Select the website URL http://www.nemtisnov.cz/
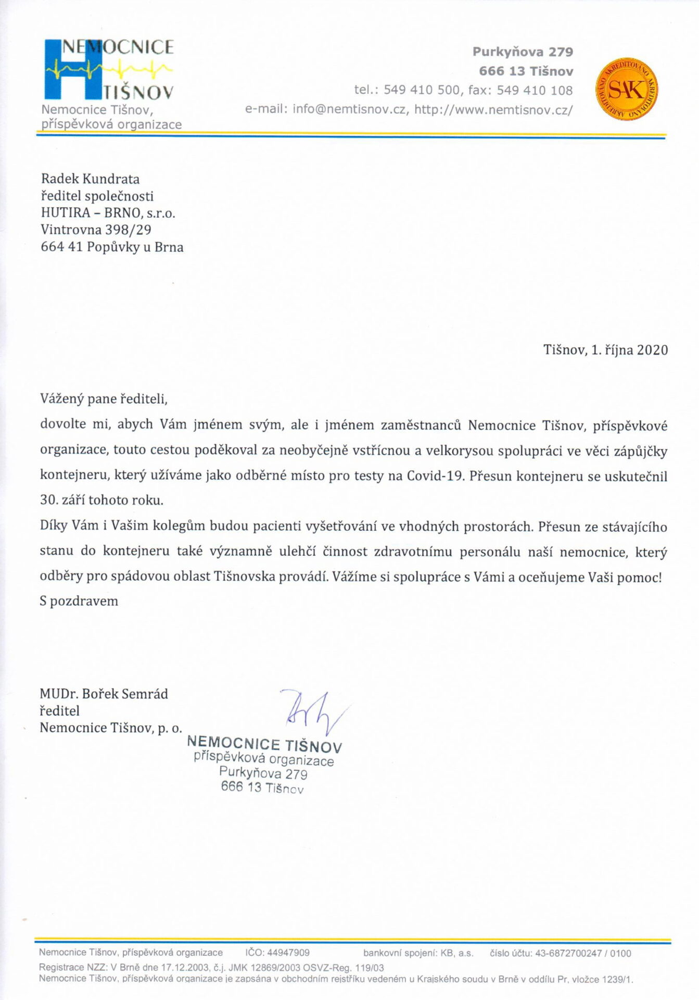point(493,110)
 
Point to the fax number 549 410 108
point(535,90)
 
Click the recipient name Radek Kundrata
point(90,179)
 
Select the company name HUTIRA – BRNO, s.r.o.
point(108,213)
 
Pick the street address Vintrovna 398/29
point(96,230)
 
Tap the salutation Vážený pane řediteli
point(104,399)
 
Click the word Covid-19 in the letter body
point(435,476)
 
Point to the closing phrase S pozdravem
point(79,601)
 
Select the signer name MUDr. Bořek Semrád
point(104,694)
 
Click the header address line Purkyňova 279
point(522,52)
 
